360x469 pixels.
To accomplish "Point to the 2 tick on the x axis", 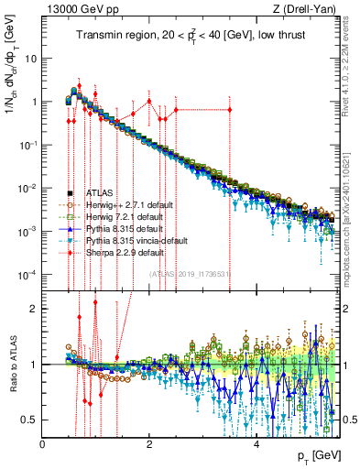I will [149, 443].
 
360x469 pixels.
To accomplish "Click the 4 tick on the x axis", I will [256, 443].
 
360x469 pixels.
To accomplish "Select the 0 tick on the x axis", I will [43, 443].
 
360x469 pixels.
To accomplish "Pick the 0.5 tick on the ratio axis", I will [29, 420].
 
